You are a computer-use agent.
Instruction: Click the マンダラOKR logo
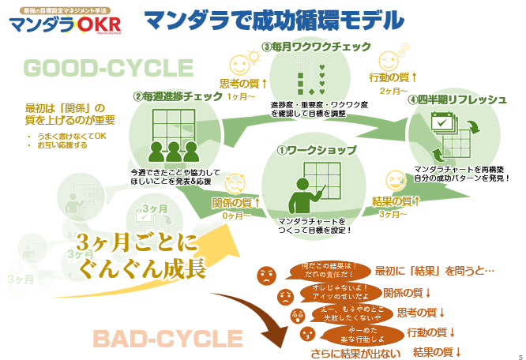click(65, 24)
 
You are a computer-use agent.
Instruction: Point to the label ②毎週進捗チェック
click(177, 96)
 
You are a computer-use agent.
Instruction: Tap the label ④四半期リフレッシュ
click(457, 99)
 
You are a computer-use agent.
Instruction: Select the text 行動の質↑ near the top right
click(393, 77)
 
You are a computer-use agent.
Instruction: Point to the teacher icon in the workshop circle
click(303, 194)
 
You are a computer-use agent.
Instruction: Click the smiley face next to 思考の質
click(239, 64)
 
